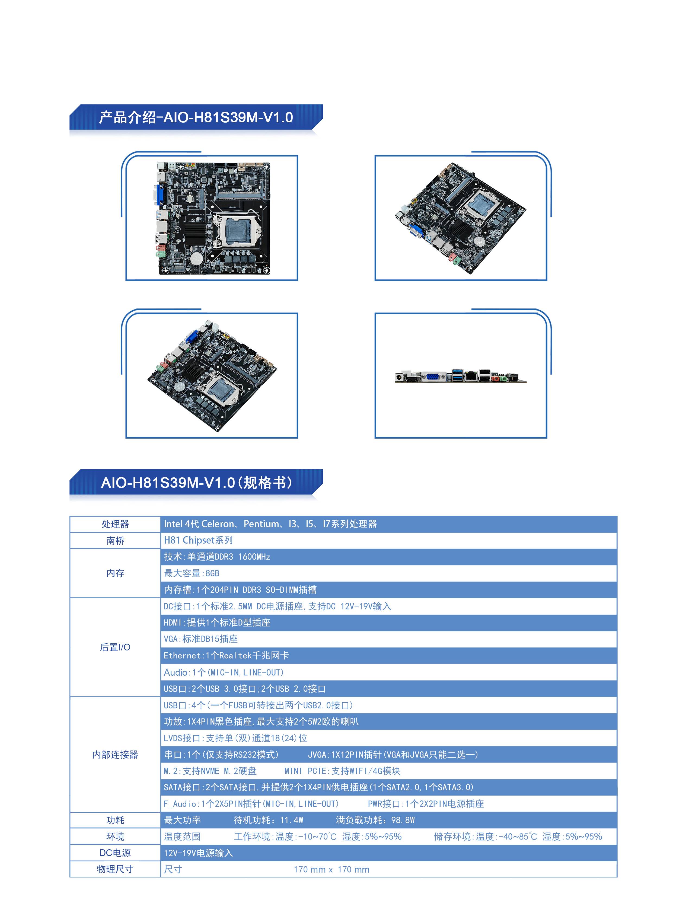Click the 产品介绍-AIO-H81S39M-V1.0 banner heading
point(196,117)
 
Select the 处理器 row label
point(115,524)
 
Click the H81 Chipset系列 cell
point(198,540)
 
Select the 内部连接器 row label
point(115,755)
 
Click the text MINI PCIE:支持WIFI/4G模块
point(342,771)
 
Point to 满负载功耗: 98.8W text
point(375,820)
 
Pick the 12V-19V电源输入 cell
point(198,853)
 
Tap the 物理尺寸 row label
point(115,869)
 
